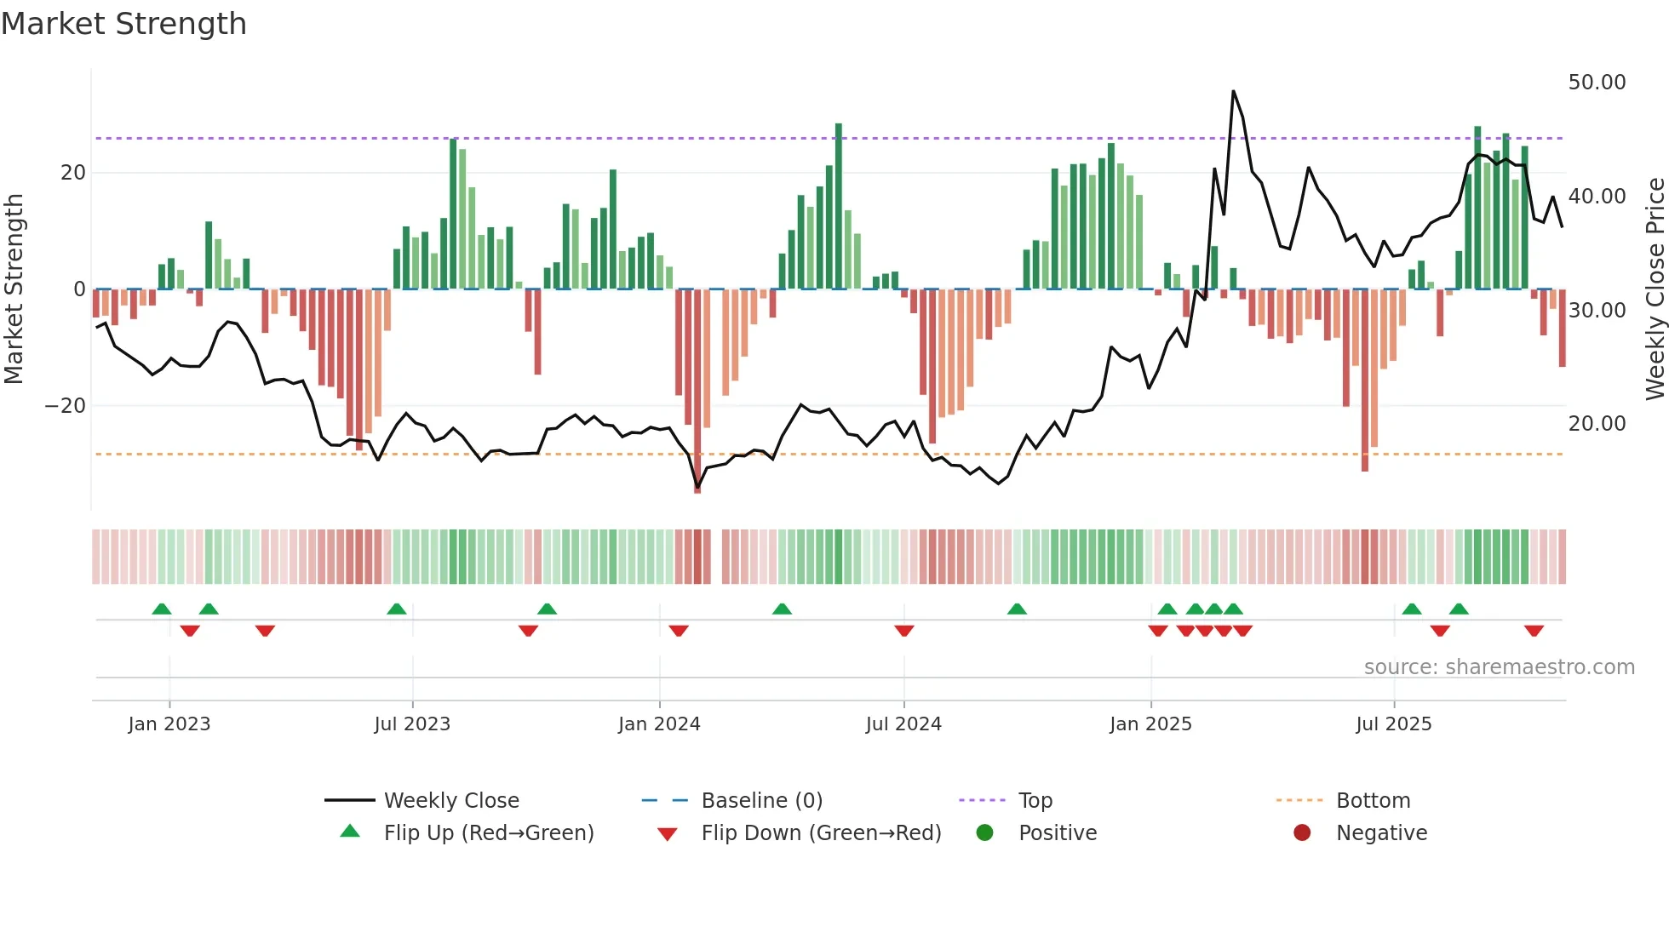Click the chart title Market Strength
click(x=123, y=24)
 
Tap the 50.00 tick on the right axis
click(x=1597, y=83)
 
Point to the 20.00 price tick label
click(x=1597, y=424)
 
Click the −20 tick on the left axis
click(x=66, y=406)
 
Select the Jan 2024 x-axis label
click(x=659, y=724)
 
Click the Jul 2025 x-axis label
click(x=1394, y=724)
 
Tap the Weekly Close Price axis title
click(x=1655, y=289)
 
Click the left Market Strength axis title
click(x=14, y=289)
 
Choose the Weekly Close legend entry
click(x=451, y=801)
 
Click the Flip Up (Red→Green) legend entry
click(x=489, y=833)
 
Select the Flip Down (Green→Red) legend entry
click(x=821, y=833)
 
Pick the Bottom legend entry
click(x=1373, y=801)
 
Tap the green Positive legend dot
click(x=985, y=833)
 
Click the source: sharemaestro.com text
click(x=1499, y=667)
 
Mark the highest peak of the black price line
click(x=1233, y=92)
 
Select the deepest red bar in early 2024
click(x=697, y=392)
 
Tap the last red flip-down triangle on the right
click(x=1534, y=631)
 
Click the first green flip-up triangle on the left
click(x=162, y=609)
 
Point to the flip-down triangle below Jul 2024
click(x=904, y=631)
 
